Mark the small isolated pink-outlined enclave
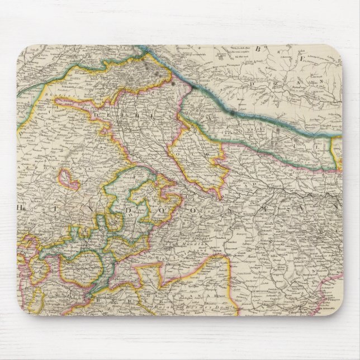coord(68,178)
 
